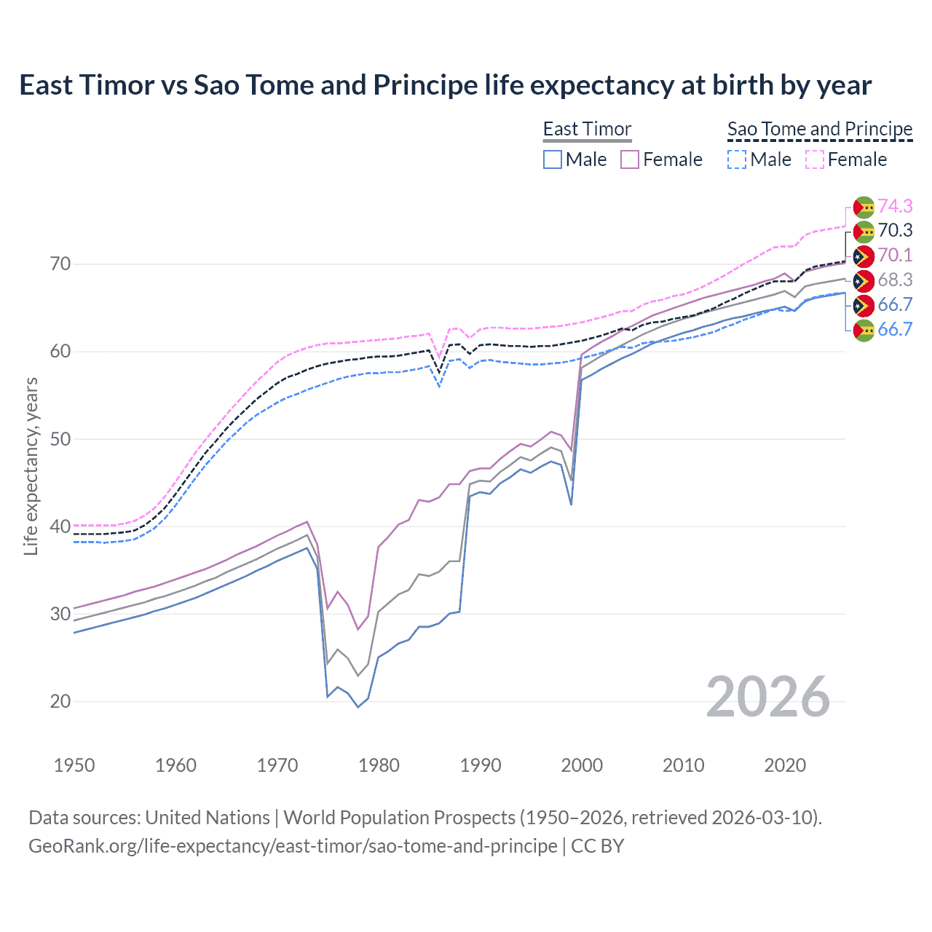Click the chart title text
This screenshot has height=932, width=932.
tap(445, 85)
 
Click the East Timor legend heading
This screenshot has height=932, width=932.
tap(587, 130)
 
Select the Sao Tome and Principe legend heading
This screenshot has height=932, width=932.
tap(820, 130)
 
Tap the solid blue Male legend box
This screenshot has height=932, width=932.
tap(553, 159)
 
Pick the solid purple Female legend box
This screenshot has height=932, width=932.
tap(630, 159)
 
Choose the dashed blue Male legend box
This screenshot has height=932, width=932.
tap(737, 159)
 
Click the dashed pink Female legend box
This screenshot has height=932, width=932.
tap(815, 159)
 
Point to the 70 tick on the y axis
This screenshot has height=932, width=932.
tap(60, 264)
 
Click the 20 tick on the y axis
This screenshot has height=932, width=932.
tap(60, 701)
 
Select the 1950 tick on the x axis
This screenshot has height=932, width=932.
tap(74, 765)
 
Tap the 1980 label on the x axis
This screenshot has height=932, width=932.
tap(379, 765)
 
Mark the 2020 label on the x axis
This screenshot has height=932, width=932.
tap(785, 765)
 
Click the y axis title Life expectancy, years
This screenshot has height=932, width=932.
tap(31, 466)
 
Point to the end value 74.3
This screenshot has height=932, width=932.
tap(895, 206)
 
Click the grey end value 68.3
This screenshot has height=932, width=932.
tap(895, 280)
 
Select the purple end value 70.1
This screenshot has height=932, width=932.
tap(895, 255)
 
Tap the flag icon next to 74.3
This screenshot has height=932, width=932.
tap(864, 208)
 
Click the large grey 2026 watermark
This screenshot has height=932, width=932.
tap(768, 697)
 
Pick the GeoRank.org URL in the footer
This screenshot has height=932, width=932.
tap(293, 846)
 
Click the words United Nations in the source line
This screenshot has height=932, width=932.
tap(208, 818)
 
